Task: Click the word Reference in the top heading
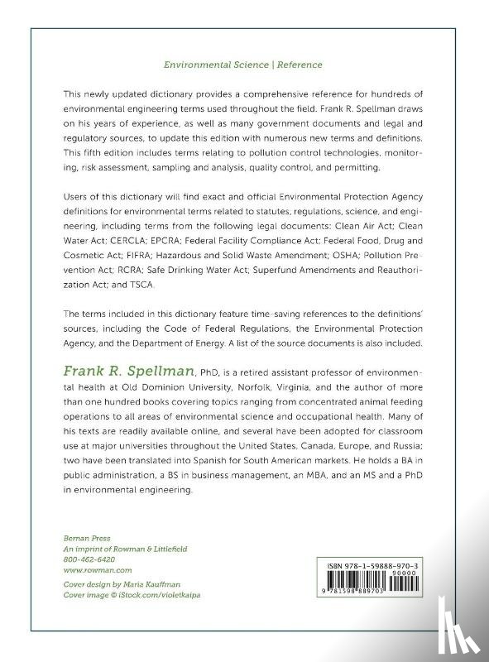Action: [298, 64]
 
